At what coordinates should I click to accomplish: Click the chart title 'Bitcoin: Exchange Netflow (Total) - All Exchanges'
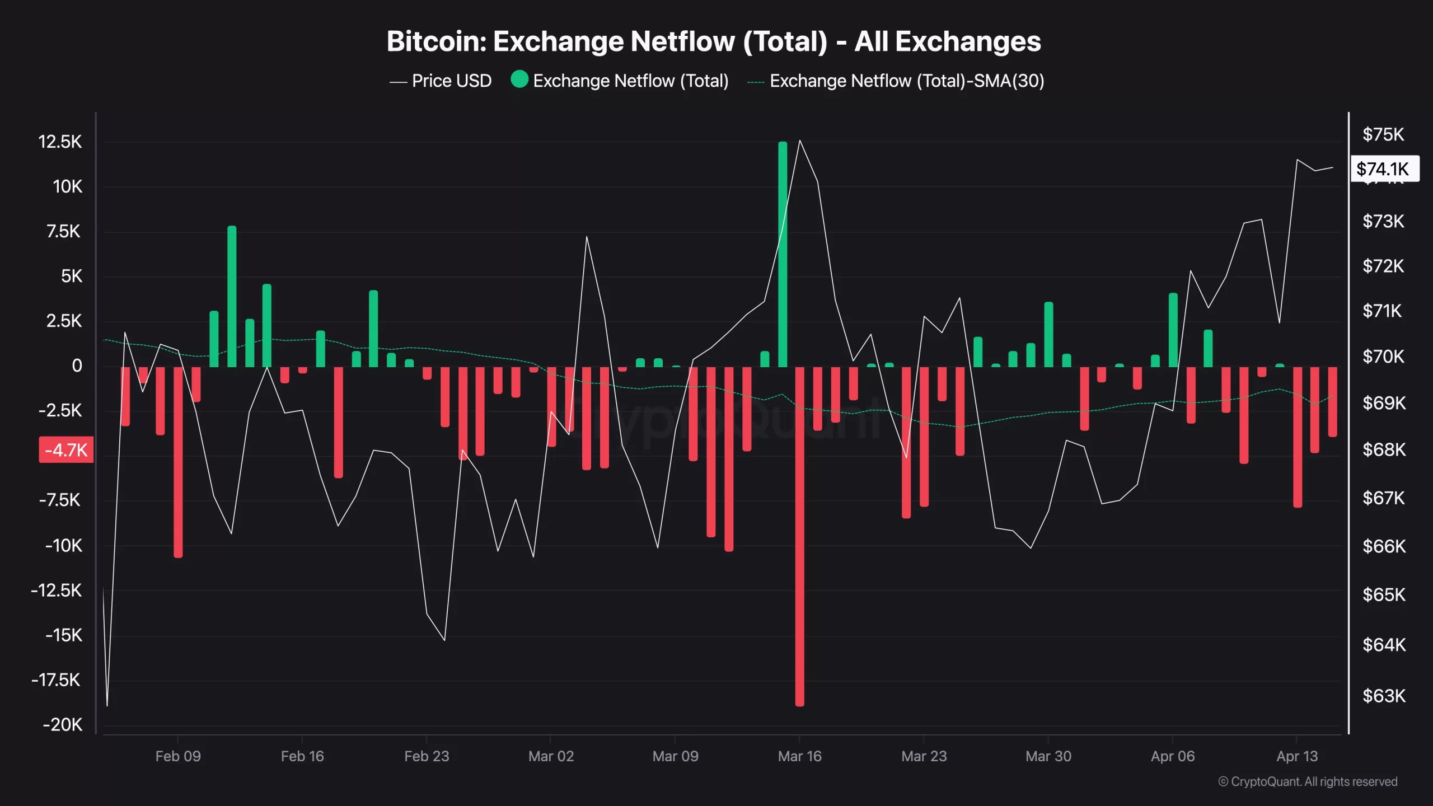click(x=714, y=41)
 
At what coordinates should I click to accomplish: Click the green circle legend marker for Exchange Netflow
click(x=519, y=79)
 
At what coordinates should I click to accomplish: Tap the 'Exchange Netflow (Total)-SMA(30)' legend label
click(x=907, y=81)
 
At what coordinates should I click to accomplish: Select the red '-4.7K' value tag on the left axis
click(x=66, y=450)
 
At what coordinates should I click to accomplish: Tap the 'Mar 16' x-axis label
click(x=799, y=756)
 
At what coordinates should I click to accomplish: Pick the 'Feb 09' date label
click(x=178, y=756)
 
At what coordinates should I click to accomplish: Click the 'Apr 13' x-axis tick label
click(x=1297, y=756)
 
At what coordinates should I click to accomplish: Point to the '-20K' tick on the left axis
click(x=63, y=725)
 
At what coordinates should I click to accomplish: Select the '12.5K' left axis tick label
click(x=60, y=142)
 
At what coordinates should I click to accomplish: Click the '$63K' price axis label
click(x=1384, y=696)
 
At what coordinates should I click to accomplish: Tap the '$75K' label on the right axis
click(x=1383, y=134)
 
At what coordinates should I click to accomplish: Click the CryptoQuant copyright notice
click(x=1308, y=781)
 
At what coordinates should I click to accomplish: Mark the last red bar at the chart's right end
click(x=1333, y=401)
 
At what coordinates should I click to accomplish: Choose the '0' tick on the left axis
click(x=77, y=366)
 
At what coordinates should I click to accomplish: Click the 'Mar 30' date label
click(x=1048, y=756)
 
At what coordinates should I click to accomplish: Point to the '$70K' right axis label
click(x=1383, y=357)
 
